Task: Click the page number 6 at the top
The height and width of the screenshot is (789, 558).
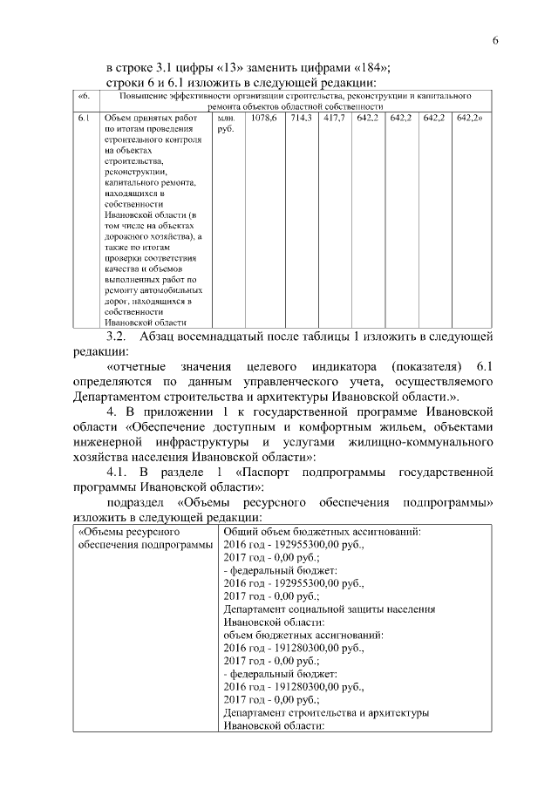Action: point(495,41)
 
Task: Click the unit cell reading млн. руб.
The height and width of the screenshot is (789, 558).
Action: point(226,122)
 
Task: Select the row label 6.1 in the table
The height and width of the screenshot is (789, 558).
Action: point(83,116)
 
